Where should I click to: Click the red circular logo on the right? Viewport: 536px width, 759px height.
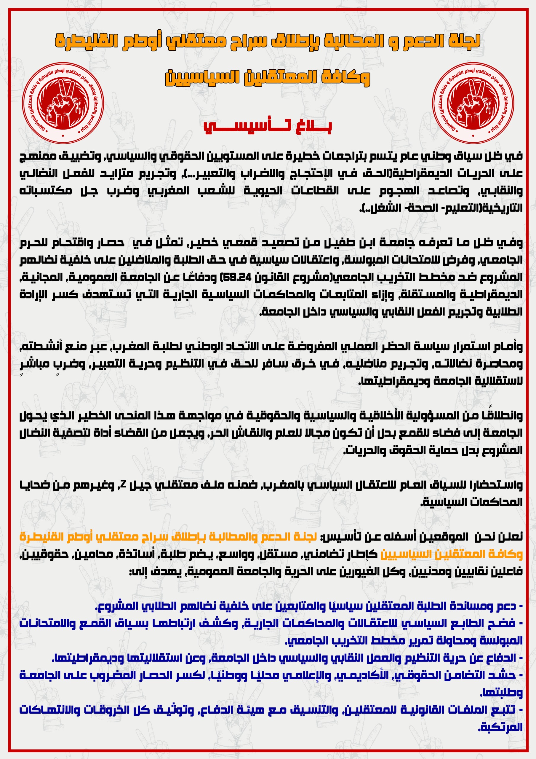point(473,103)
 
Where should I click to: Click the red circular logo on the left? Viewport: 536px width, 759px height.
point(63,103)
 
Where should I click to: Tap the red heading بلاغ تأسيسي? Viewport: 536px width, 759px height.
point(268,126)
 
